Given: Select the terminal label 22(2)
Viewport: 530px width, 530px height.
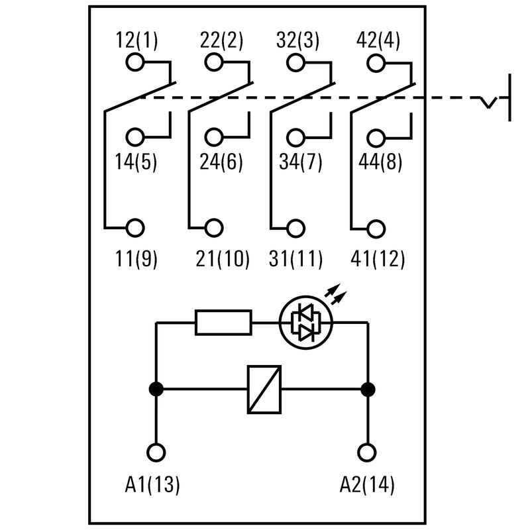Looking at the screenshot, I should (x=222, y=40).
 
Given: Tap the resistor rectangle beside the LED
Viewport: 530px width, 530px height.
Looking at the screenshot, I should (x=224, y=323).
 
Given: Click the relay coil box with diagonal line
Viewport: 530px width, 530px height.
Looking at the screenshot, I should (x=264, y=390).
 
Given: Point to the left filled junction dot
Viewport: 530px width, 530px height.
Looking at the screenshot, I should (x=156, y=390).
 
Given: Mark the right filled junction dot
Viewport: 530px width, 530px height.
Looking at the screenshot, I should (x=367, y=390).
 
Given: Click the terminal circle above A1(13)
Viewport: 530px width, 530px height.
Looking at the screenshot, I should (x=156, y=452).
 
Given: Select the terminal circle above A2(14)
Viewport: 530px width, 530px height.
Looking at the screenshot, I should (x=366, y=452).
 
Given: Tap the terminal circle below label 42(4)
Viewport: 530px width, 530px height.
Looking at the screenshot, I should (x=376, y=64).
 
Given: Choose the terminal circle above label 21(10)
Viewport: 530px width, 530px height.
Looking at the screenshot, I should (x=214, y=227).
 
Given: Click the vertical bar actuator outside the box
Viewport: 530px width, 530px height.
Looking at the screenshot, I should (x=509, y=98).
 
